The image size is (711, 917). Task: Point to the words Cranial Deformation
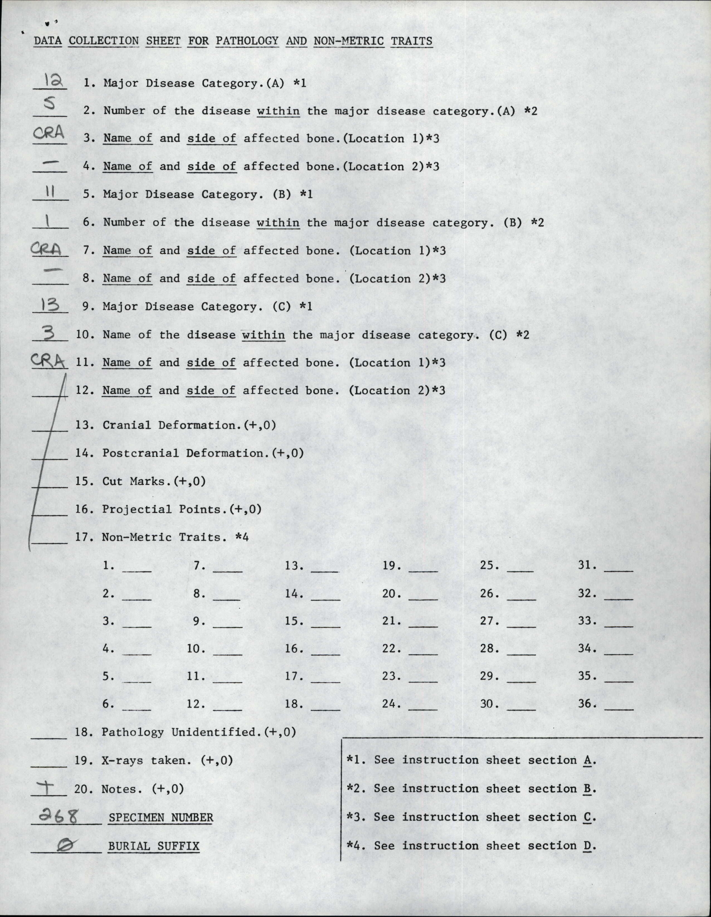(169, 425)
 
